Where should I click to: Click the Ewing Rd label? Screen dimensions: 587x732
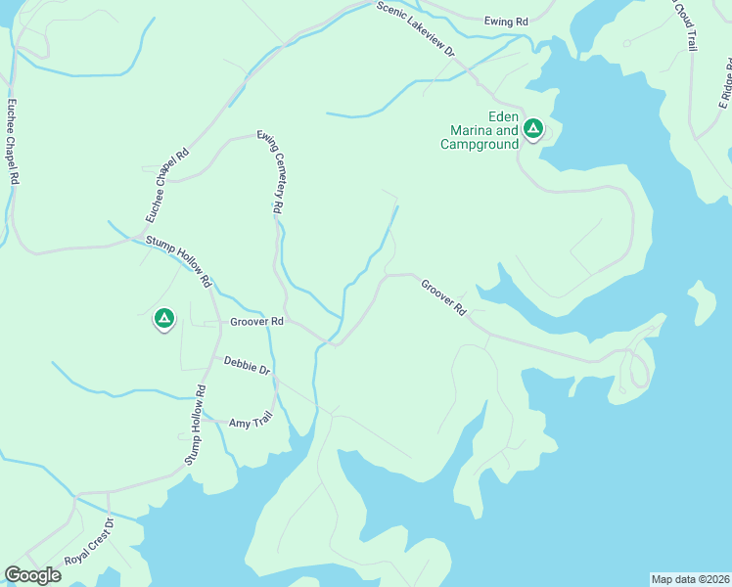[x=506, y=21]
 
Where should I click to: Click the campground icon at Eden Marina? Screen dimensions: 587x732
[x=533, y=128]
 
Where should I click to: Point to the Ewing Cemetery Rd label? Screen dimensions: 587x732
[x=271, y=172]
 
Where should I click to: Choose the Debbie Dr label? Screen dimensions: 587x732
[x=247, y=365]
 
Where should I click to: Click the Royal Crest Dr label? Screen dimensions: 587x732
[x=90, y=542]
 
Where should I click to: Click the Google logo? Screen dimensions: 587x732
[x=33, y=575]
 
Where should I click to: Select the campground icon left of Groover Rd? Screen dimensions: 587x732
[x=164, y=319]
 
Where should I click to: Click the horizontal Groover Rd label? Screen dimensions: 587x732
[x=256, y=321]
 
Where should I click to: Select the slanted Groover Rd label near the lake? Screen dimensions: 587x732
[x=444, y=297]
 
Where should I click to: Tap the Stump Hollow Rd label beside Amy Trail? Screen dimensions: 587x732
[x=196, y=425]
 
